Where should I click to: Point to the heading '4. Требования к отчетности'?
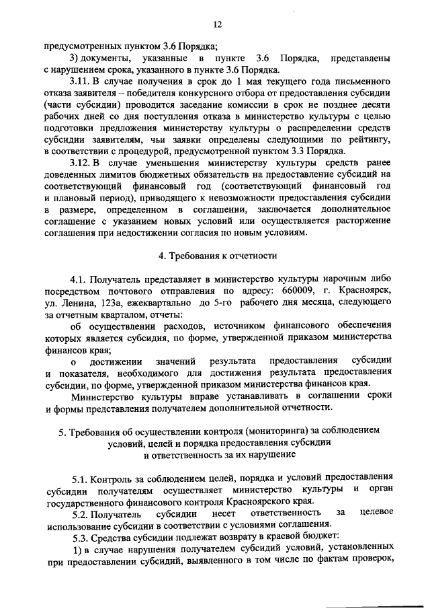(216, 256)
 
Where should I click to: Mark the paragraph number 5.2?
(81, 513)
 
